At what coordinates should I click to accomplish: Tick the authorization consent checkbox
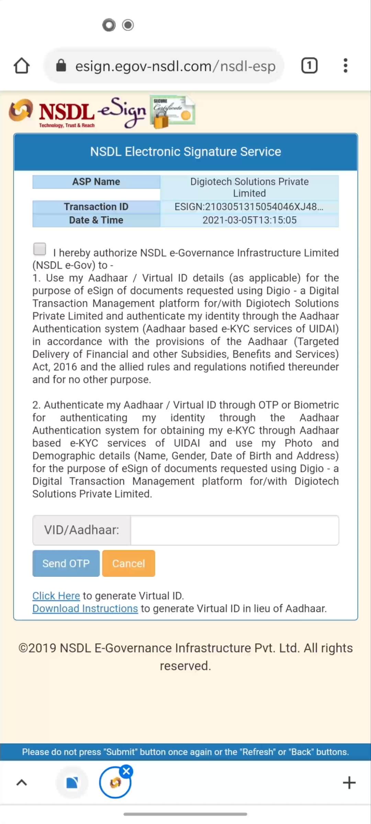tap(40, 249)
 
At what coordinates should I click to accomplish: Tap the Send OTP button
tap(66, 563)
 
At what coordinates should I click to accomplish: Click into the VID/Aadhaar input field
tap(234, 530)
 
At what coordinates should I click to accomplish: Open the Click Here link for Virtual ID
tap(56, 596)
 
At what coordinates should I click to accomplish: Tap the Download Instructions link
tap(85, 608)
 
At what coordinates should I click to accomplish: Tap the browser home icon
tap(22, 66)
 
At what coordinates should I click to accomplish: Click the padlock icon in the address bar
tap(61, 65)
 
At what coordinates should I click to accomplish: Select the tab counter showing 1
tap(309, 66)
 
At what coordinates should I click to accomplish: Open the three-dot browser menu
tap(345, 66)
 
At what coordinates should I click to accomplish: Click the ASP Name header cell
tap(96, 182)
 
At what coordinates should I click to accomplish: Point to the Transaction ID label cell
tap(96, 207)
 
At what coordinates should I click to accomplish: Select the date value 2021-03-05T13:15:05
tap(249, 220)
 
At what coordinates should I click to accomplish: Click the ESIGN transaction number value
tap(249, 207)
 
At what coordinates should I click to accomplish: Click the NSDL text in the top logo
tap(66, 112)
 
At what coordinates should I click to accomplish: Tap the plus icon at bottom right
tap(349, 783)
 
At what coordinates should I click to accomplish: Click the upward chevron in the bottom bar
tap(22, 783)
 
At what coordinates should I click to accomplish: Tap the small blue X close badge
tap(127, 771)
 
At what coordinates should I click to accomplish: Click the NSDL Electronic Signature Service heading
tap(185, 152)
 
